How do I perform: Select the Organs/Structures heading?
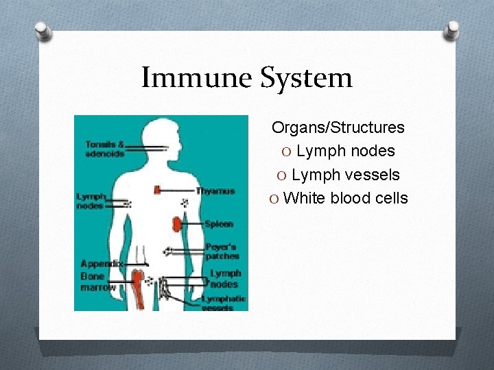(338, 127)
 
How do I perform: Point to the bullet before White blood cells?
(274, 199)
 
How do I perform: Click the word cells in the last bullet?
(390, 199)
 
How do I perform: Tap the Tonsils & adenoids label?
(104, 149)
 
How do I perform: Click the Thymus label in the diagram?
(215, 191)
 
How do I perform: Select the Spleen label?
(219, 224)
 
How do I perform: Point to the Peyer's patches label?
(222, 251)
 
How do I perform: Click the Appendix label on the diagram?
(102, 264)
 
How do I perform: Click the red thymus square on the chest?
(158, 190)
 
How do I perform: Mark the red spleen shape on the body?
(177, 223)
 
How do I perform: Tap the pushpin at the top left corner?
(43, 30)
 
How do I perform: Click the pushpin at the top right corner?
(453, 30)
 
